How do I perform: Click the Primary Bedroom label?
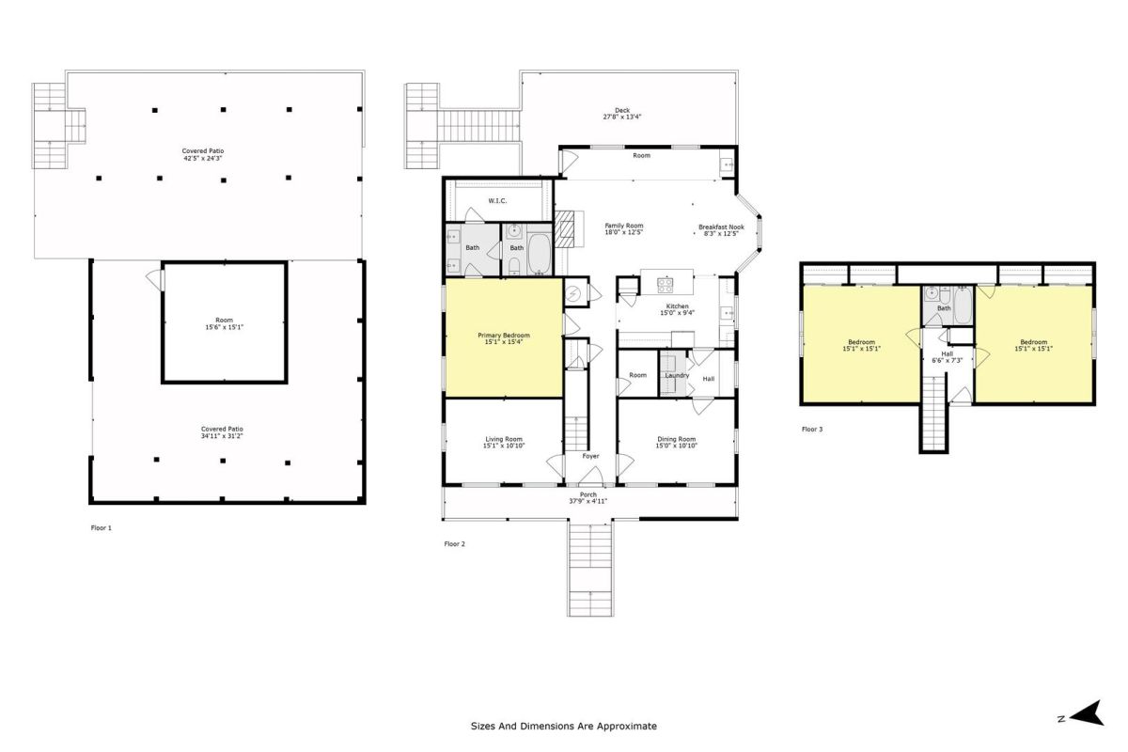[504, 335]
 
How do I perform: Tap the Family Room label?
[624, 226]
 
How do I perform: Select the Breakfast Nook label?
[721, 227]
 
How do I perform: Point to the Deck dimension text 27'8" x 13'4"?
[622, 117]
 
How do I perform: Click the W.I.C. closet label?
[497, 201]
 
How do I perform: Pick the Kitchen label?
[678, 306]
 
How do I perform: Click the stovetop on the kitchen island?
[665, 285]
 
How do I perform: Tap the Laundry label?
[677, 375]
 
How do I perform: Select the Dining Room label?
[676, 439]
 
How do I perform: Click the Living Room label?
[504, 439]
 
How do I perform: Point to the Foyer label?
[590, 456]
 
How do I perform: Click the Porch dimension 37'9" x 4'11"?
[588, 501]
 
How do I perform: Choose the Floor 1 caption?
[102, 528]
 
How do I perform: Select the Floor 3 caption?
[812, 430]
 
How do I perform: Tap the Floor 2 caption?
[455, 544]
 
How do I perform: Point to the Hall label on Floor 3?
[948, 354]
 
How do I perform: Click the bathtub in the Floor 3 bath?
[963, 305]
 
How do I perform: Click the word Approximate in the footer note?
[627, 727]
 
